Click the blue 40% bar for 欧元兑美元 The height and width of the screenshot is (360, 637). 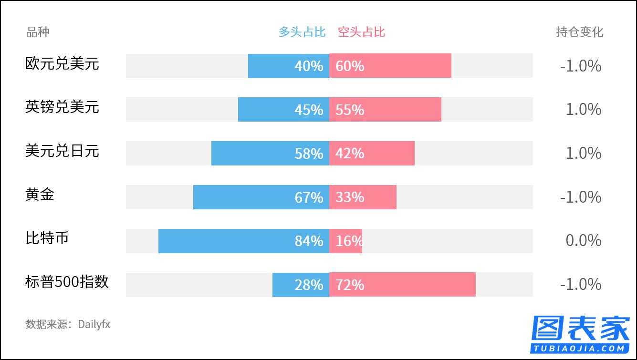[x=288, y=66]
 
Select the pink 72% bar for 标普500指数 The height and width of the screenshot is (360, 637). [x=402, y=285]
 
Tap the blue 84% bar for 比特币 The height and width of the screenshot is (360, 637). [x=243, y=241]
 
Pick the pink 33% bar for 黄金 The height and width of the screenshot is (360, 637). [x=363, y=197]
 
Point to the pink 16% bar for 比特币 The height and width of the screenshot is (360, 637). [x=345, y=241]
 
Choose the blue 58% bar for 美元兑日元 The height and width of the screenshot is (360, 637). [x=270, y=153]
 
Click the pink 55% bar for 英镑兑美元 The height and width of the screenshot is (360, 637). [x=385, y=110]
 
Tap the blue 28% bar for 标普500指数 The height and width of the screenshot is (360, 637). [x=301, y=285]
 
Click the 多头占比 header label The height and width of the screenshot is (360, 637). [x=302, y=32]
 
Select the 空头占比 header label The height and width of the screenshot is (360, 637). [x=361, y=32]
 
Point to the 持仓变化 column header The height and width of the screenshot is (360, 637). [x=579, y=32]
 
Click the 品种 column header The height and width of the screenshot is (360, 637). [x=38, y=32]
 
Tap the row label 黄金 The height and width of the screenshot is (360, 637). [x=40, y=195]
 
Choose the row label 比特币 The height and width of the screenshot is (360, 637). [x=47, y=238]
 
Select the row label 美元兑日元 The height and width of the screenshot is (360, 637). [x=62, y=151]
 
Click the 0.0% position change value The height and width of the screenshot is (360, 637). [x=583, y=241]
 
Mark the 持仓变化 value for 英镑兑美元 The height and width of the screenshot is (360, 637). [x=583, y=110]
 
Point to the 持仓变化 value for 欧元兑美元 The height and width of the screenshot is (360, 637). [x=581, y=66]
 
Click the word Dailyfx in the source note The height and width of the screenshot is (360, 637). [x=94, y=325]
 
